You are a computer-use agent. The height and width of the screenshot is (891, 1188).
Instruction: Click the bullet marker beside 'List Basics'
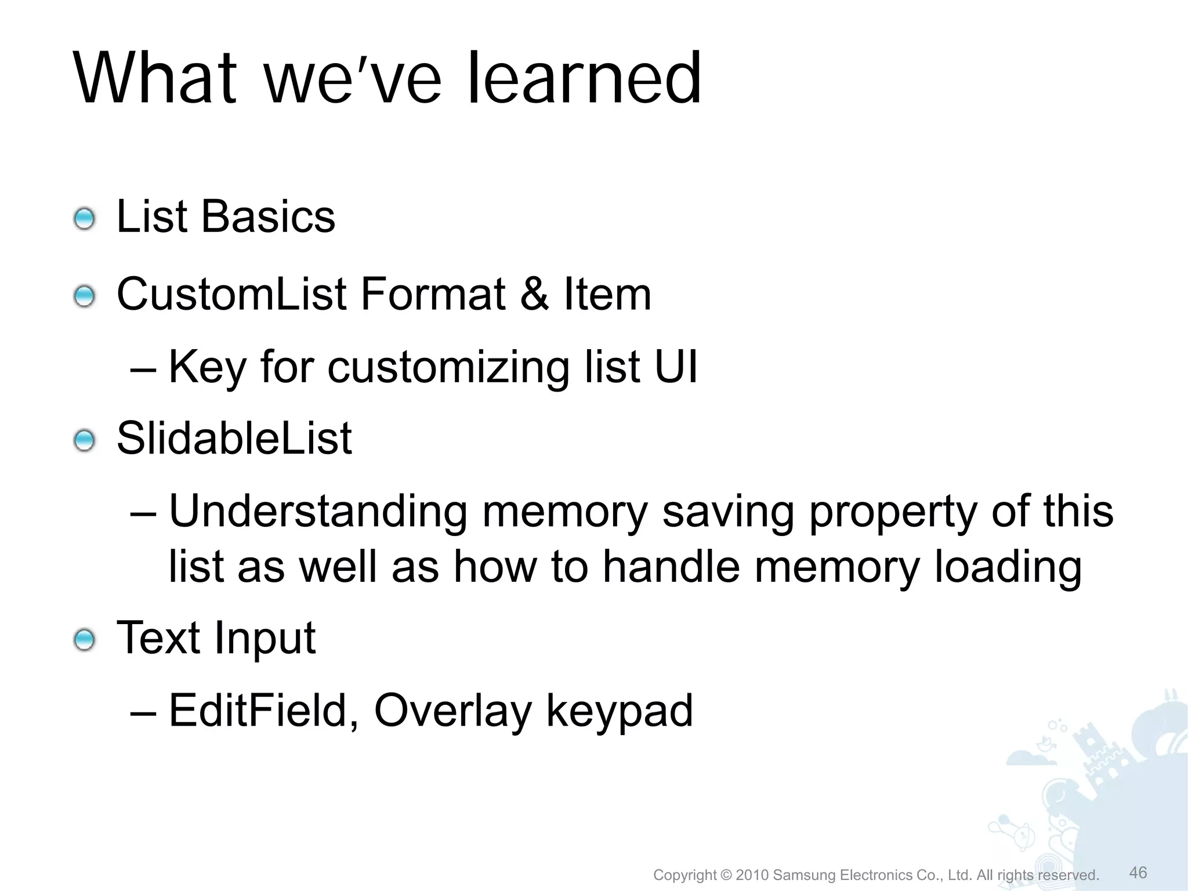[x=85, y=219]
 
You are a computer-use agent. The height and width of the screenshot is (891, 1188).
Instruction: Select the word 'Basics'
[x=268, y=217]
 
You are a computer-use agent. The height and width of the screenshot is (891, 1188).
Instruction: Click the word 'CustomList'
[x=231, y=294]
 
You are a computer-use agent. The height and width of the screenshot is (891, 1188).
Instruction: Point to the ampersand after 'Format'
[x=534, y=294]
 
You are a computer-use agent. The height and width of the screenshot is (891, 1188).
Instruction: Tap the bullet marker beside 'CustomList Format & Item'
[x=85, y=297]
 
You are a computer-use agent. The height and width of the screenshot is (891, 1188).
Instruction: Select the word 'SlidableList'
[x=234, y=438]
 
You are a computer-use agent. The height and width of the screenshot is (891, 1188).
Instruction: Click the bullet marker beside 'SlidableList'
[x=85, y=441]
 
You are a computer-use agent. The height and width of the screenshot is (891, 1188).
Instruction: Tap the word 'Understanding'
[x=318, y=512]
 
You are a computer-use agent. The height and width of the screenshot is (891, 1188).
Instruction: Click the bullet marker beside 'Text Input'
[x=85, y=640]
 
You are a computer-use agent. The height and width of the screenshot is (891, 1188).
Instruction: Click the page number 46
[x=1138, y=872]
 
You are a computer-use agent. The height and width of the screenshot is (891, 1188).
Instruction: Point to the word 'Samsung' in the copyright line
[x=805, y=875]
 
